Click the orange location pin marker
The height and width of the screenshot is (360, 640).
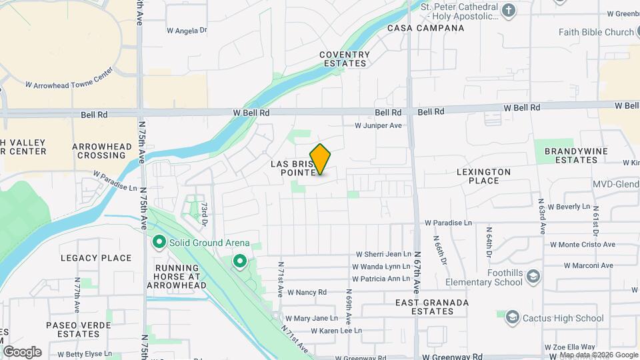click(x=321, y=159)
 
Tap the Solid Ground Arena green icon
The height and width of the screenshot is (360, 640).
click(x=159, y=242)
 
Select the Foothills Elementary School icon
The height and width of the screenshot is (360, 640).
click(x=533, y=276)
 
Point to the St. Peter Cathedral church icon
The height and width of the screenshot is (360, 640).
click(x=509, y=10)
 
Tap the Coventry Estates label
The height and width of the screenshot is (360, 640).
click(x=344, y=59)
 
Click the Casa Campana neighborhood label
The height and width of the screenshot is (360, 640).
click(x=426, y=28)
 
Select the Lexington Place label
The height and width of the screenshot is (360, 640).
click(x=483, y=176)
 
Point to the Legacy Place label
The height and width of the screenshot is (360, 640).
click(x=96, y=258)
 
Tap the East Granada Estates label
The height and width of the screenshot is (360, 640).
click(x=432, y=307)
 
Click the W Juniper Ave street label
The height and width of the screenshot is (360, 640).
click(x=378, y=125)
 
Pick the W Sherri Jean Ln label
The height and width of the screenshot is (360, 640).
click(x=383, y=254)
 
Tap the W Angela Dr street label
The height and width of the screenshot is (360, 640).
click(x=187, y=30)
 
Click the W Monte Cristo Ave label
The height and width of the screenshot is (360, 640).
click(x=581, y=244)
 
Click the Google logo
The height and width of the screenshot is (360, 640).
click(x=22, y=352)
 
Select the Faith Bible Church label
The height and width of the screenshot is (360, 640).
click(x=597, y=32)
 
